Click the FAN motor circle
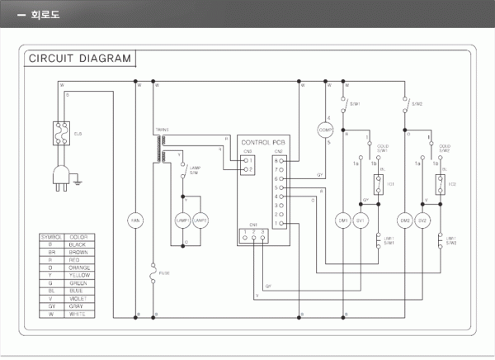pyautogui.click(x=137, y=221)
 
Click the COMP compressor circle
pyautogui.click(x=327, y=130)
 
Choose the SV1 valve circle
pyautogui.click(x=361, y=221)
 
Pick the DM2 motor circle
pyautogui.click(x=405, y=221)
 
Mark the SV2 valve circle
pyautogui.click(x=422, y=221)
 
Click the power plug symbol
pyautogui.click(x=61, y=174)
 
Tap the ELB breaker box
pyautogui.click(x=60, y=132)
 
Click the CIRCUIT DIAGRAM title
pyautogui.click(x=79, y=59)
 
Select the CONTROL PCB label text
pyautogui.click(x=262, y=143)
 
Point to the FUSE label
pyautogui.click(x=164, y=272)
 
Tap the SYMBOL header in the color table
pyautogui.click(x=51, y=237)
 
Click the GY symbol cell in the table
pyautogui.click(x=51, y=306)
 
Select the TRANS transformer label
pyautogui.click(x=162, y=130)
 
